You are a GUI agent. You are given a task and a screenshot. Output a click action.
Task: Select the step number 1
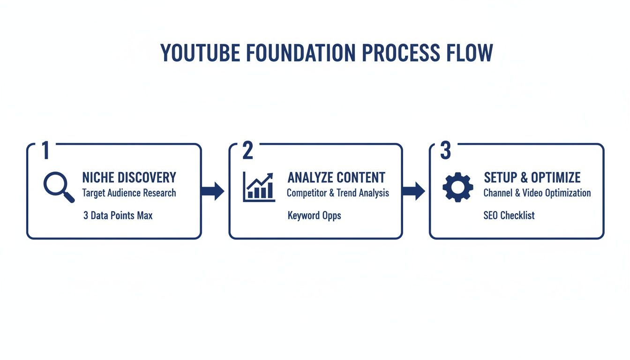45,150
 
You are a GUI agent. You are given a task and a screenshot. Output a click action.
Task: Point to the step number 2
247,150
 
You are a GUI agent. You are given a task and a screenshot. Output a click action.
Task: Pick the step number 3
446,150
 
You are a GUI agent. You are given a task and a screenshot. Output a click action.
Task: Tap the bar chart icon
258,187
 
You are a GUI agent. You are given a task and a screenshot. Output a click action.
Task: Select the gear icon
458,187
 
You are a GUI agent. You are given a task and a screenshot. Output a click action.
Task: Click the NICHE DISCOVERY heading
129,178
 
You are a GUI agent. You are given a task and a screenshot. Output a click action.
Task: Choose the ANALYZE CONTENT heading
336,178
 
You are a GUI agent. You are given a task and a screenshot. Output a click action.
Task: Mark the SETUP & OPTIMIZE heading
532,178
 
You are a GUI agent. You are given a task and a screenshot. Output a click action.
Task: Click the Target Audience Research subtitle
129,193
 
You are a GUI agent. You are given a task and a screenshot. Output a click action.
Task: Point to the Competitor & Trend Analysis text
337,193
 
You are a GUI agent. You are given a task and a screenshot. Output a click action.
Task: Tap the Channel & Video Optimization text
537,193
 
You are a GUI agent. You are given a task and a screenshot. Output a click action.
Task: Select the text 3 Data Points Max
118,216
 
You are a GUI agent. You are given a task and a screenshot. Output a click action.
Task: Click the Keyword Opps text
314,216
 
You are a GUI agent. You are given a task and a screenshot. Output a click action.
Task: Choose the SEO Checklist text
509,216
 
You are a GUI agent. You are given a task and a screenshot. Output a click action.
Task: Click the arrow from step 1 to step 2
213,191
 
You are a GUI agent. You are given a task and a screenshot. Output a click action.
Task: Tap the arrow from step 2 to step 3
413,191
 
